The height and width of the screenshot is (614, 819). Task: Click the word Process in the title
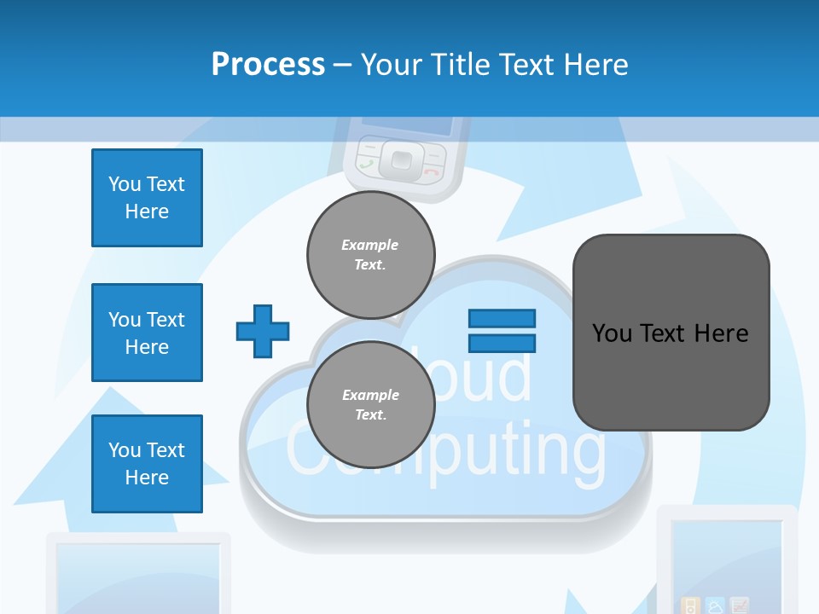[x=268, y=65]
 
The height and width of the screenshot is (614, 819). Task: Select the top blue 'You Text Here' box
[x=147, y=198]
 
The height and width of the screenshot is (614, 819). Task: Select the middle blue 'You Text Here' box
[x=147, y=333]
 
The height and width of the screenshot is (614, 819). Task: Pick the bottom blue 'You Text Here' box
[x=147, y=464]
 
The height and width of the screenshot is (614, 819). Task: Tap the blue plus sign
[x=263, y=331]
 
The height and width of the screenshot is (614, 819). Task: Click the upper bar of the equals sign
[x=502, y=318]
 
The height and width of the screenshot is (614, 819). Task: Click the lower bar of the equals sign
[x=502, y=343]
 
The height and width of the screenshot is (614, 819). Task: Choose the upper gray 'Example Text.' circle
[x=370, y=254]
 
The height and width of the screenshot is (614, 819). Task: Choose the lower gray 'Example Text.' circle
[x=370, y=404]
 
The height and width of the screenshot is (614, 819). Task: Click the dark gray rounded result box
[x=671, y=333]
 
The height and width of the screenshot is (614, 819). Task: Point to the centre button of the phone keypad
[x=399, y=158]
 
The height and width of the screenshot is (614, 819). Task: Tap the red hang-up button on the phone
[x=432, y=170]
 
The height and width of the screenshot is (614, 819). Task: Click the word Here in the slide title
[x=596, y=65]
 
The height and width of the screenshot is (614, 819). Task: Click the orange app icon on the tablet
[x=692, y=606]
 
